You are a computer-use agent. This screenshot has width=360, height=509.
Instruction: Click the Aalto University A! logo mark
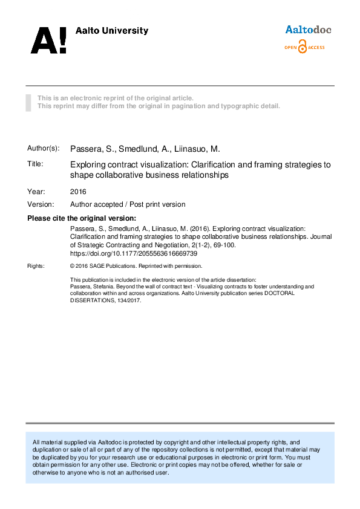(48, 40)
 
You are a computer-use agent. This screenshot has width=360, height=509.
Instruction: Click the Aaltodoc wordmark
(308, 30)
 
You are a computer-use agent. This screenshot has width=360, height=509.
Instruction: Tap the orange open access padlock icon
(303, 47)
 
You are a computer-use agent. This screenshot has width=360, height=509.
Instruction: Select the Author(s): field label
(44, 148)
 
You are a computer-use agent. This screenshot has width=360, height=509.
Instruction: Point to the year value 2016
(78, 191)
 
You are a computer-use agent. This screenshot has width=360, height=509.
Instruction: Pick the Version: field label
(41, 204)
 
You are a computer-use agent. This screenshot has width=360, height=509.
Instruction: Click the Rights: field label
(36, 266)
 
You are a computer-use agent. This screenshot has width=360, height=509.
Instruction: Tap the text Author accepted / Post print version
(128, 204)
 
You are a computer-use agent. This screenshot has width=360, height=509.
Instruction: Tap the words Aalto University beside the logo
(111, 31)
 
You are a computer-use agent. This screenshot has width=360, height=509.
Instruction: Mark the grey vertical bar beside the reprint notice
(28, 102)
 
